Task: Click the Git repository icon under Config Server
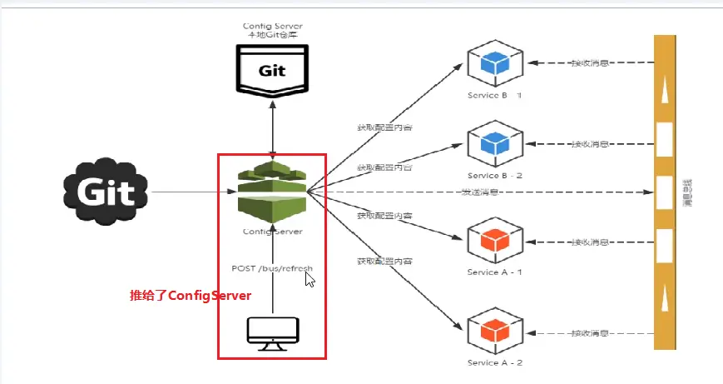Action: point(272,68)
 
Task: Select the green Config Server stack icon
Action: point(272,191)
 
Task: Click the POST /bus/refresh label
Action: point(272,268)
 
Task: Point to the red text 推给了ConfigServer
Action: point(190,297)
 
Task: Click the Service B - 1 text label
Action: point(494,95)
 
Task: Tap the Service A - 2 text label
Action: point(494,364)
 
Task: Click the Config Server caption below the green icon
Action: point(272,231)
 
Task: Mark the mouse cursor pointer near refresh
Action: point(310,278)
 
